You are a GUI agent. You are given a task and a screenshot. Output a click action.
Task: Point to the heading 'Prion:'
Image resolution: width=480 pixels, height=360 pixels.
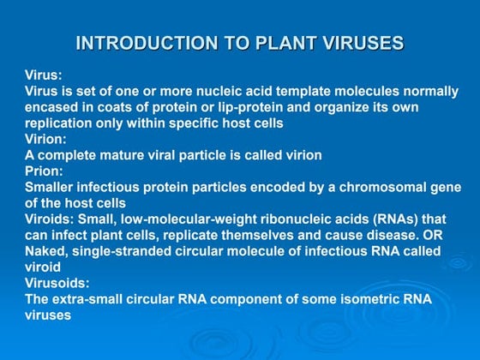(44, 171)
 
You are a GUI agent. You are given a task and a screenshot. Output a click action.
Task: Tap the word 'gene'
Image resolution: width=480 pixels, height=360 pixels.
(444, 187)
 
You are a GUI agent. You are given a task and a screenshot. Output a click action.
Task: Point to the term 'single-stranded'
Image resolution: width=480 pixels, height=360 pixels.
(123, 250)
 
